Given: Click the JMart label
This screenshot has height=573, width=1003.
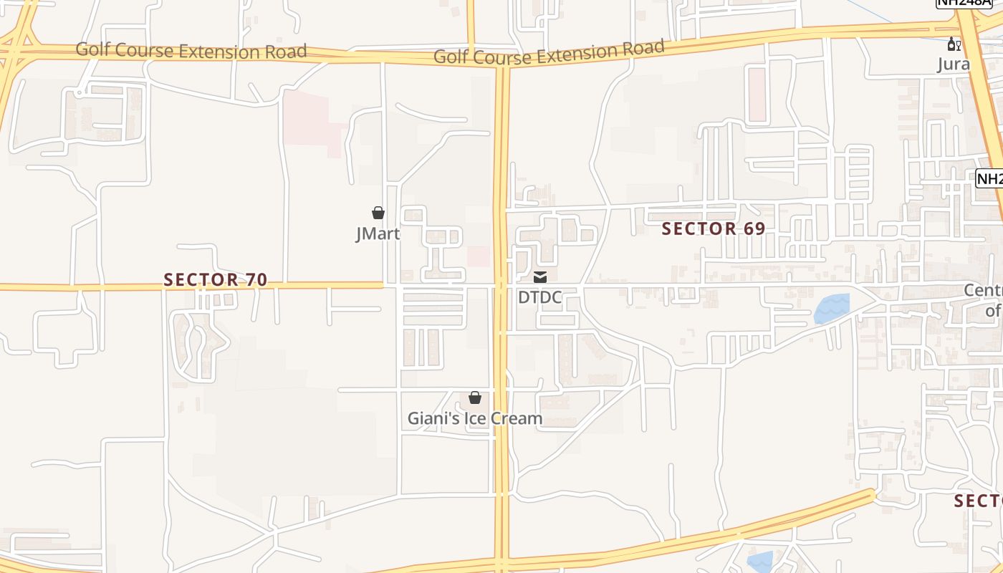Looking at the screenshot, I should point(378,233).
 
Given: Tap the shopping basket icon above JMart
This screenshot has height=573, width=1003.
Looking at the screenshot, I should point(378,213).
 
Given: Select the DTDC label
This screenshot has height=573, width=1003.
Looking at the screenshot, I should point(539,297).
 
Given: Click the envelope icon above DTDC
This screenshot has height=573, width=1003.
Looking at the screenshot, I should point(540,277).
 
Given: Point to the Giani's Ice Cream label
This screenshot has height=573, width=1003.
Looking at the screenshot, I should point(474,418).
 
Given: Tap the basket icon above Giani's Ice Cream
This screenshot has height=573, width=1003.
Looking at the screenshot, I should point(474,398).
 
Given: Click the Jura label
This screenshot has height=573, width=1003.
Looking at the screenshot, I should point(954,64).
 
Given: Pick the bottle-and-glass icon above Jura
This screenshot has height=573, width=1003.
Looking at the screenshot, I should point(954,44).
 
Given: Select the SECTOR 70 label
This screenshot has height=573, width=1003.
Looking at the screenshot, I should point(216,280).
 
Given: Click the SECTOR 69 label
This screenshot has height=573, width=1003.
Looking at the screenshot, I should point(714,228).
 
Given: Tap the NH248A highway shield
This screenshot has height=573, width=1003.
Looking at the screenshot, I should point(964,4).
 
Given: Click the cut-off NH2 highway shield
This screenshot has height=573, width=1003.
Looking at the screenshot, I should point(989,178).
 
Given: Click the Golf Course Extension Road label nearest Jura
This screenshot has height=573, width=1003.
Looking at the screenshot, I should point(549,53).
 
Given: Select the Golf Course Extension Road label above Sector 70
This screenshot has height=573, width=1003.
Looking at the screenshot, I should point(191,51).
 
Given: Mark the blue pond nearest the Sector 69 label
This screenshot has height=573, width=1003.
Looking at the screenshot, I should point(832,308).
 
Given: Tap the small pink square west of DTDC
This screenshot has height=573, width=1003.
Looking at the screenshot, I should point(478,256).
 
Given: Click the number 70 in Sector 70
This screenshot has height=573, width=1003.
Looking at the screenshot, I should point(256,280).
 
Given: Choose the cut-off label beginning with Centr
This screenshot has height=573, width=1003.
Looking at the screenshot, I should point(983,300).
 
